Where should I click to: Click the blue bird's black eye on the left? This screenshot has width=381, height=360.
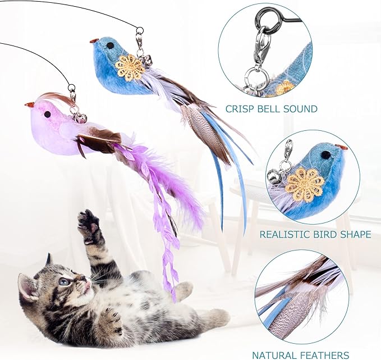tap(111, 45)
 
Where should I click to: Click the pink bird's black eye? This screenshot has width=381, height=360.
tap(47, 114)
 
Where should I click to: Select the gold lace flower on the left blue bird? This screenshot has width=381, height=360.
tap(130, 67)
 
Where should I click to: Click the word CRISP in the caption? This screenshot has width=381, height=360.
tap(240, 109)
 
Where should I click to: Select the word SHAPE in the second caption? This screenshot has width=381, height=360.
tap(354, 234)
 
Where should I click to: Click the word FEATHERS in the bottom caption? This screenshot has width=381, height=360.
tap(323, 355)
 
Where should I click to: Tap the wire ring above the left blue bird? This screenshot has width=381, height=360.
tap(139, 30)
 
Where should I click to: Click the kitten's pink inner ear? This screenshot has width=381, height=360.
tap(26, 286)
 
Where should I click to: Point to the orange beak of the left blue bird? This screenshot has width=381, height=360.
tap(94, 40)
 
